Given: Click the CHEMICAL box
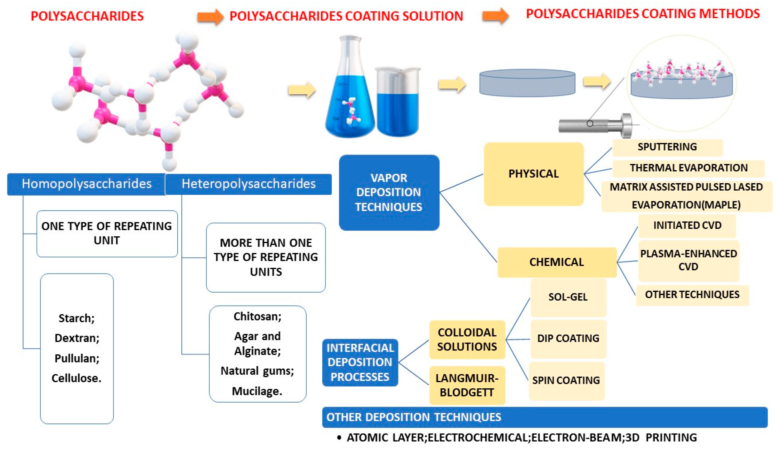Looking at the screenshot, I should [557, 262].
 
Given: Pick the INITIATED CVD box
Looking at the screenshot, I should [687, 225].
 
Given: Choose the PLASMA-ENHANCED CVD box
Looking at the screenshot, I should [688, 260].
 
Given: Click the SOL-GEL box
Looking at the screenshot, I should [568, 297].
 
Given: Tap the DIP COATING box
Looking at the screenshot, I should [568, 338].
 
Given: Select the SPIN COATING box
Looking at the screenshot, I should [566, 380].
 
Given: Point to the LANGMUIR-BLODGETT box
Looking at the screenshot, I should [467, 385].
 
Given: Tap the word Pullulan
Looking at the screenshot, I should [77, 358].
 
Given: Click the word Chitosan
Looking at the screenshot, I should [257, 317].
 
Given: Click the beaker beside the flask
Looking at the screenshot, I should [397, 103].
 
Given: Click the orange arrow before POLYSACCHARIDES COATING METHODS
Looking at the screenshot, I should [495, 16].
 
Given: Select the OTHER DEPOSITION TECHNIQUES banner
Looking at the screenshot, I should [545, 417].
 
